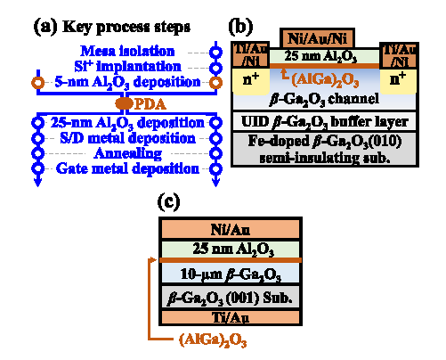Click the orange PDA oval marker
124,103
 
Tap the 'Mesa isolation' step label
127,51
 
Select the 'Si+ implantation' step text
127,66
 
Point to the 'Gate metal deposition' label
127,168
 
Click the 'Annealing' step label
128,153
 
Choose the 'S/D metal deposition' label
128,138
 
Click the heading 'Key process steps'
126,27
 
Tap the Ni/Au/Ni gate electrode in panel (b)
317,38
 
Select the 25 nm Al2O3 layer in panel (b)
324,56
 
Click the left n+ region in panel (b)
251,80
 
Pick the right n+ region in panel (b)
398,80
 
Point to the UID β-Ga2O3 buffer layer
325,122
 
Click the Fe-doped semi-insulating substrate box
325,149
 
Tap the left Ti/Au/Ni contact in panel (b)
251,55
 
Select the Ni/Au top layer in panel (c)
231,229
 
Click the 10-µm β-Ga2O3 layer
231,274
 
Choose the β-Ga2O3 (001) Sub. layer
231,298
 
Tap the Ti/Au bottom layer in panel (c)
231,317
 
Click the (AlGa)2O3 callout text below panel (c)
213,340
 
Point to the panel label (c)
168,201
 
